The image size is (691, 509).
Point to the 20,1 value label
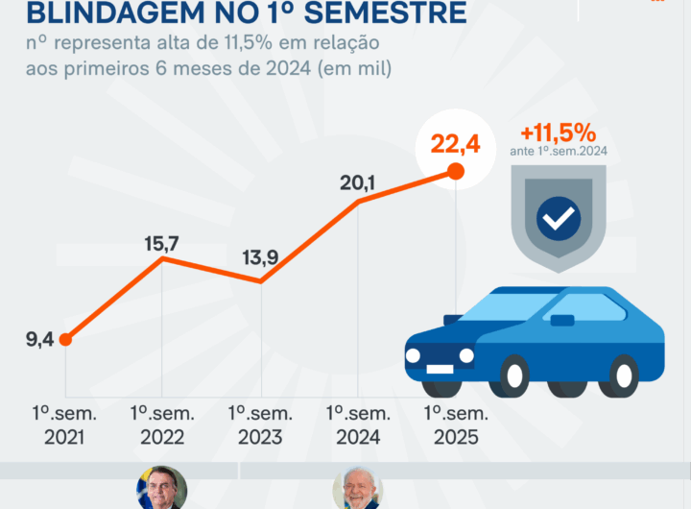(x=359, y=182)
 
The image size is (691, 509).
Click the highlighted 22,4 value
(x=454, y=145)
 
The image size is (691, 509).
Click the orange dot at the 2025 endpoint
(x=456, y=172)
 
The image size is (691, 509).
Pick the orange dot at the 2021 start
(x=65, y=339)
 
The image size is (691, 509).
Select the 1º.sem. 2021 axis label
(x=63, y=425)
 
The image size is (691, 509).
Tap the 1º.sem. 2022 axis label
(x=161, y=425)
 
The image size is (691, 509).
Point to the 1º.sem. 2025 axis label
(x=454, y=425)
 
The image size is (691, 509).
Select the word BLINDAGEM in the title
(x=107, y=13)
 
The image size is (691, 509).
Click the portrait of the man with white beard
(x=358, y=490)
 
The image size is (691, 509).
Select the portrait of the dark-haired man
(x=161, y=490)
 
